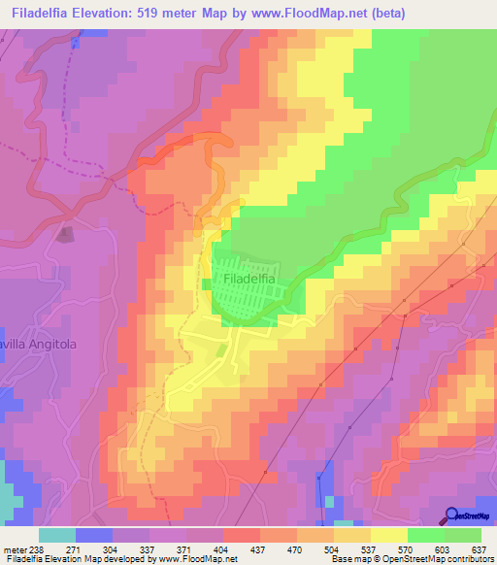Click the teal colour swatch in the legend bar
point(57,535)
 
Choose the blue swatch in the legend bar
point(94,535)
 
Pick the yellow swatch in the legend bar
point(388,535)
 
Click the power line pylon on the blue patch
point(317,477)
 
